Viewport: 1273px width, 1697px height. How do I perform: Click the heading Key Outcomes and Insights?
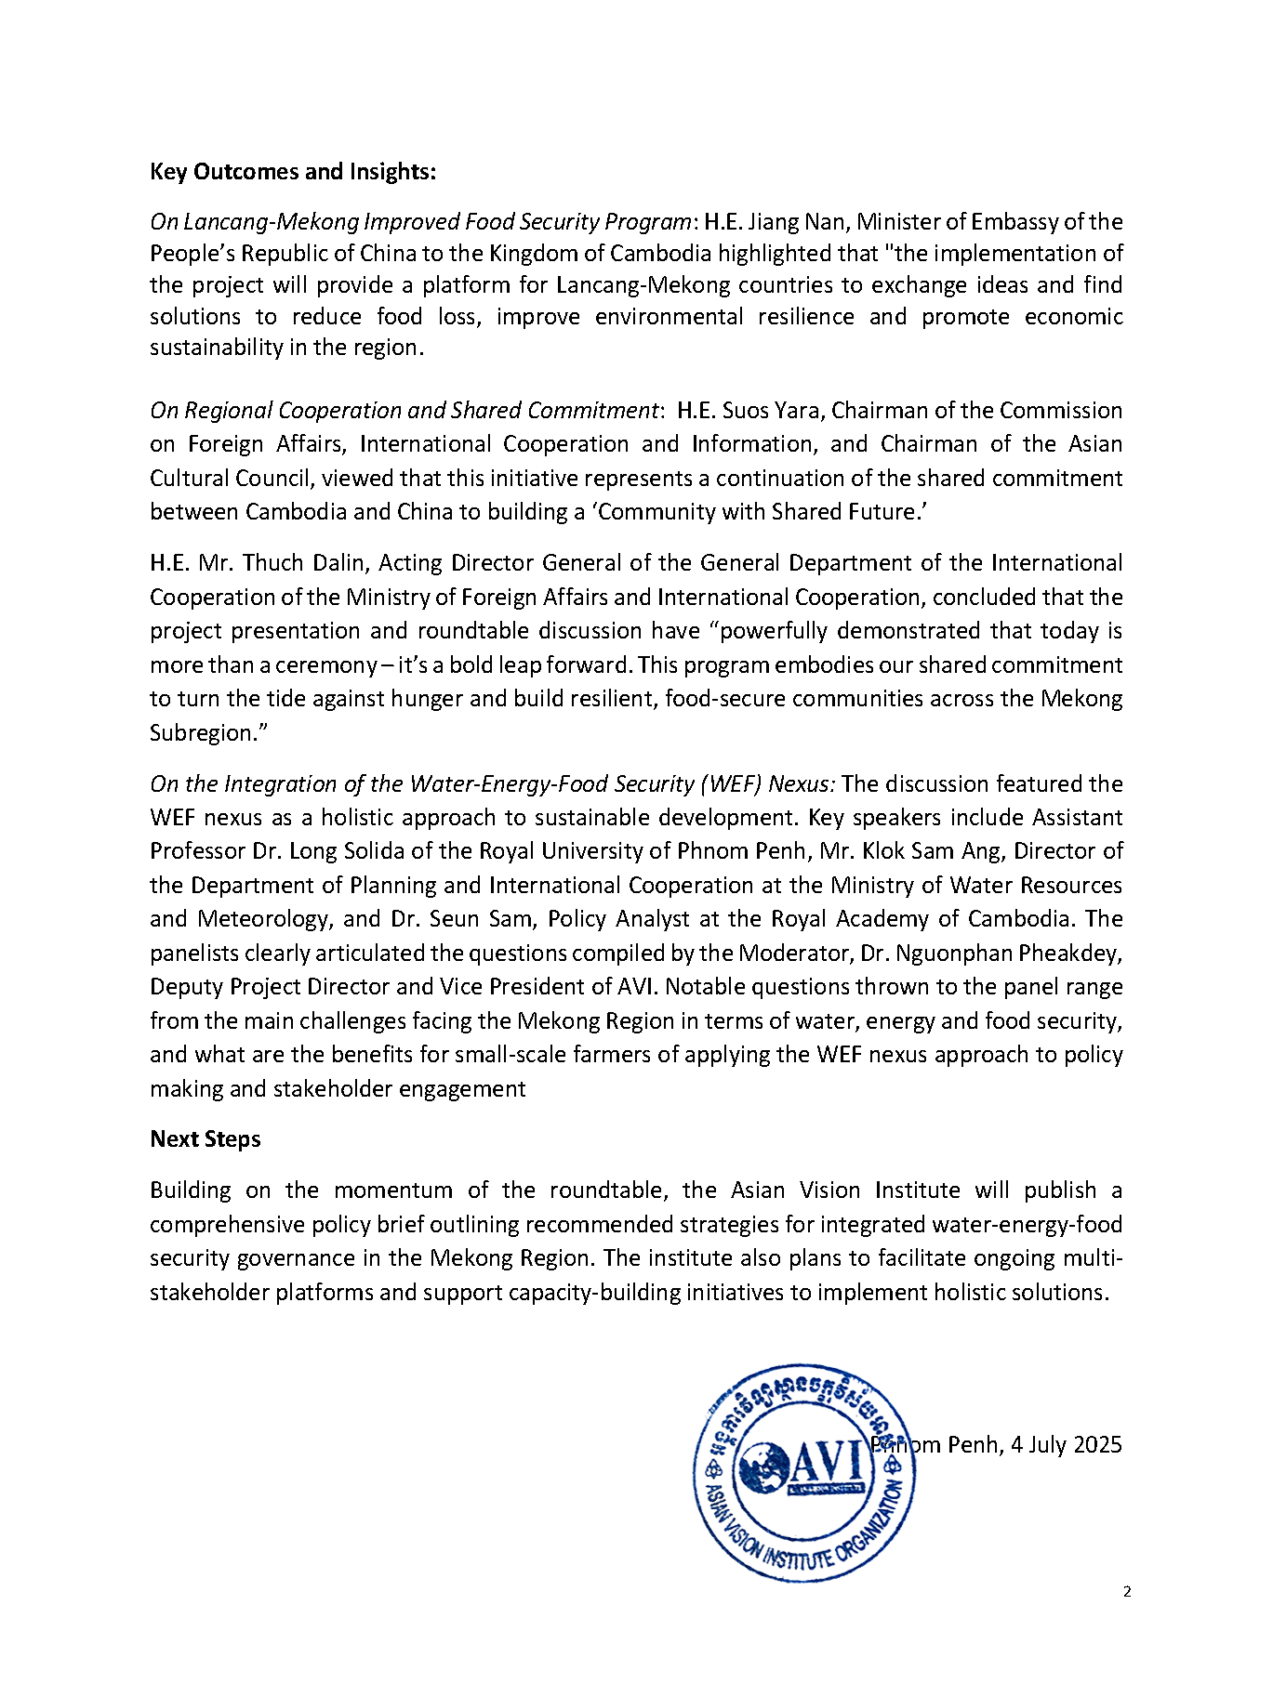pyautogui.click(x=293, y=172)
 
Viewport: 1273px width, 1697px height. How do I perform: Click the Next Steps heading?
pyautogui.click(x=206, y=1139)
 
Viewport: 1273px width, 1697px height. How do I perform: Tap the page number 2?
pyautogui.click(x=1127, y=1592)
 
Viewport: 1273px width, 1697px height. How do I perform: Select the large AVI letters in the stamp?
pyautogui.click(x=828, y=1464)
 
